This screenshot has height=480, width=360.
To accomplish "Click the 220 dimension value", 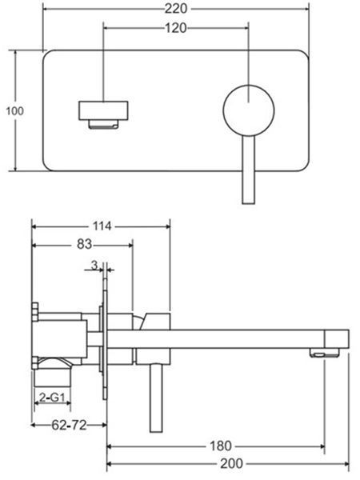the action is coord(176,9).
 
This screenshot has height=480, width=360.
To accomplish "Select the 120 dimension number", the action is coord(175,28).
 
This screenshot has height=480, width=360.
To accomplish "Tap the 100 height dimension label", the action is coord(14,111).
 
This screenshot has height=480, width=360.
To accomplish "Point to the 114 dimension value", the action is coord(102,226).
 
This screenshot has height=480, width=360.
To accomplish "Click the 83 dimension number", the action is coord(84,244).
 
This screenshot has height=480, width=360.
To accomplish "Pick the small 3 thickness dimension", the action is coord(94,265).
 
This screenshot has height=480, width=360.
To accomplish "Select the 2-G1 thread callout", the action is coord(52,398).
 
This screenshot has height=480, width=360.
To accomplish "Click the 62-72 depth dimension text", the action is coord(69,425).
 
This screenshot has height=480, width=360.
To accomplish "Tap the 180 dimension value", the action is coord(221,446).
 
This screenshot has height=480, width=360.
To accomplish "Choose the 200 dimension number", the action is coord(231,464).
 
